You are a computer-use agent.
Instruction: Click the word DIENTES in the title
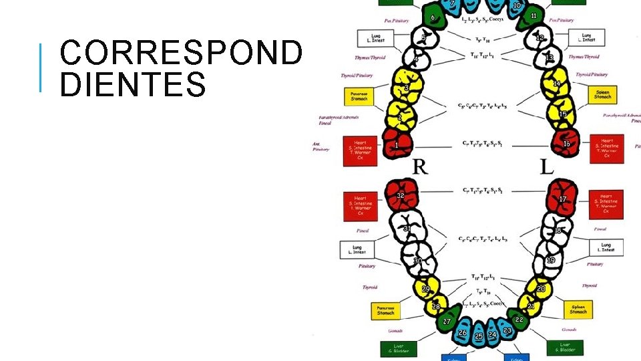pyautogui.click(x=133, y=86)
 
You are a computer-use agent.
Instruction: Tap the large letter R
pyautogui.click(x=420, y=166)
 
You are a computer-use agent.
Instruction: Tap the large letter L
pyautogui.click(x=546, y=166)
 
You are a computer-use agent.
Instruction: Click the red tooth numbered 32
pyautogui.click(x=401, y=195)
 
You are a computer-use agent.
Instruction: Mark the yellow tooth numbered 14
pyautogui.click(x=556, y=85)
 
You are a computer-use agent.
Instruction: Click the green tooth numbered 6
pyautogui.click(x=435, y=19)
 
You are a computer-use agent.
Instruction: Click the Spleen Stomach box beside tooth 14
pyautogui.click(x=602, y=94)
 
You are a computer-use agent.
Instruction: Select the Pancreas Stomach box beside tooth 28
pyautogui.click(x=385, y=310)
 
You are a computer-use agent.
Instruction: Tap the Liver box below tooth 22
pyautogui.click(x=566, y=348)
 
